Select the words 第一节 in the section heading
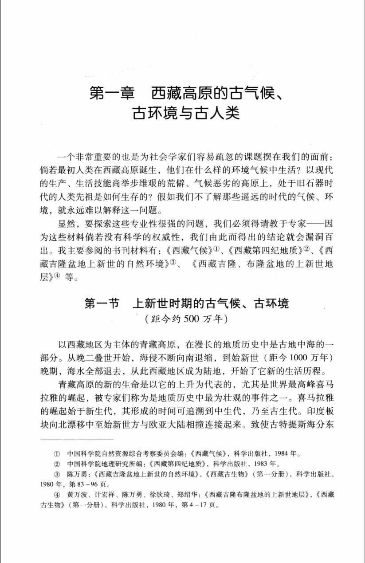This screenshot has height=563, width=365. coord(102,304)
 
